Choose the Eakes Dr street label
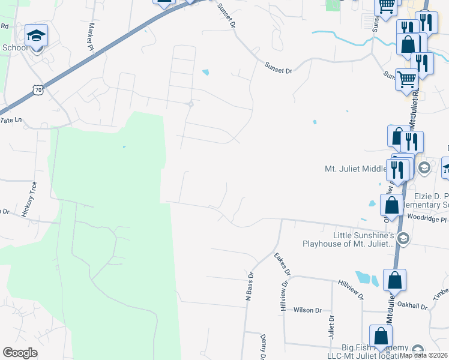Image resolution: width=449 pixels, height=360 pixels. point(282,264)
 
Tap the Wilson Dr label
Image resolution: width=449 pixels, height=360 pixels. point(307,310)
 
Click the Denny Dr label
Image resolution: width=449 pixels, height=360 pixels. point(263,346)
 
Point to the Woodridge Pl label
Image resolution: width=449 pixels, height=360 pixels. point(427,220)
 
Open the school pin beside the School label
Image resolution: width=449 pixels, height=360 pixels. point(36,37)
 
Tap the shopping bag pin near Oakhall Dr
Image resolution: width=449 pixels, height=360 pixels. point(395,280)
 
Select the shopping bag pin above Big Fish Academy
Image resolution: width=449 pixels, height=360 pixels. point(381,336)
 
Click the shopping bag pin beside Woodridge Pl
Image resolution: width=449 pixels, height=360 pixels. point(391,205)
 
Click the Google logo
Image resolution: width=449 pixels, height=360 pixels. point(20,353)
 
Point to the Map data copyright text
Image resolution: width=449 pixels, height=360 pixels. point(423,355)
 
